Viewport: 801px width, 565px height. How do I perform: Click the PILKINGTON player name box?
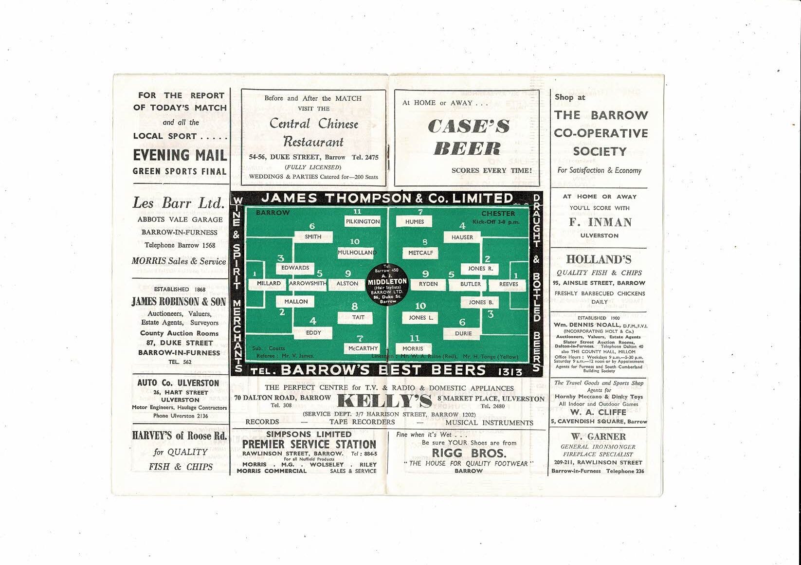363,221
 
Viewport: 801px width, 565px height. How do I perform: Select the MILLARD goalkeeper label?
269,283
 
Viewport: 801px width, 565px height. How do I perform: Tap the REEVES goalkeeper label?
509,284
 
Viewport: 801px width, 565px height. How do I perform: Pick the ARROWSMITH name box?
308,283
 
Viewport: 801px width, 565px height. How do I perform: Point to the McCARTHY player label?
363,348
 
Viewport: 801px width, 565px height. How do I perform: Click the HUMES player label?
415,221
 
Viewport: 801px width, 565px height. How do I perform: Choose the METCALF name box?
420,253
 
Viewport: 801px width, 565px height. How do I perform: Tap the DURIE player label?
463,333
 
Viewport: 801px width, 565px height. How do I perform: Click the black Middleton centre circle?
387,284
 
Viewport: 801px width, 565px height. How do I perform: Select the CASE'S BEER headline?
469,137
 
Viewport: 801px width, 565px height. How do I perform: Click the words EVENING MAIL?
180,156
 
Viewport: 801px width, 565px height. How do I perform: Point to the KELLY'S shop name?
384,401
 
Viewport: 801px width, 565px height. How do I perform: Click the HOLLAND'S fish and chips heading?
599,260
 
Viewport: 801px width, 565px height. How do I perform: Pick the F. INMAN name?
600,222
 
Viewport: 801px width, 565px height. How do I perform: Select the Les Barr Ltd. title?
179,203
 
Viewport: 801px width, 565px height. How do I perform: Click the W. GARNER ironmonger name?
599,437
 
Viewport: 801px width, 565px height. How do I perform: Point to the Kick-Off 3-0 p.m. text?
496,222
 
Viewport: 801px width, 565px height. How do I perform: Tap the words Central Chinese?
314,124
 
